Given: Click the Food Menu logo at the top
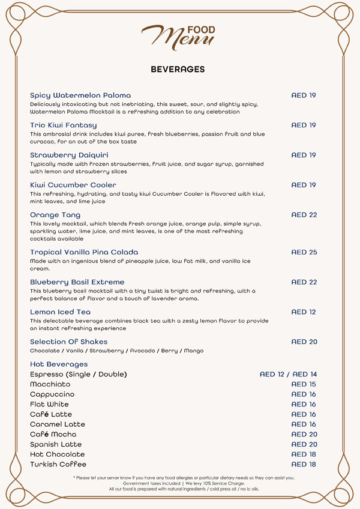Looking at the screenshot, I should [178, 36].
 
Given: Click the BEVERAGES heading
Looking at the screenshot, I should [178, 70].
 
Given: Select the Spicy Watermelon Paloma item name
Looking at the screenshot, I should [80, 95].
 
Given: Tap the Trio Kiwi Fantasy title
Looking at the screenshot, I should [63, 125].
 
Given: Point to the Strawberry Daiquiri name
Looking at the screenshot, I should [69, 155].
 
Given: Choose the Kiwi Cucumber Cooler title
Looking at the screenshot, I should [73, 185].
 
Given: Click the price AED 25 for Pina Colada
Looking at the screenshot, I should [304, 252].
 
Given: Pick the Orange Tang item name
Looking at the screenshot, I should [55, 215].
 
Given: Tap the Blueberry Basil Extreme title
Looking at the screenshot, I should [77, 282].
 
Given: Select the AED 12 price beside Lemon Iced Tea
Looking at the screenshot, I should [304, 312].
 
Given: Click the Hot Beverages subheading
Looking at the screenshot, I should [59, 364].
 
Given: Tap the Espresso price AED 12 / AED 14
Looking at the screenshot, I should [288, 375].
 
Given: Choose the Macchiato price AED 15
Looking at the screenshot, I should [304, 384].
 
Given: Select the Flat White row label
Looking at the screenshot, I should [49, 405].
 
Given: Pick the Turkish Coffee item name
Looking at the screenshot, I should [58, 465].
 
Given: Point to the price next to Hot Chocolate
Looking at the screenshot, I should [304, 454].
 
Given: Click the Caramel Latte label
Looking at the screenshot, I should [58, 424].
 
